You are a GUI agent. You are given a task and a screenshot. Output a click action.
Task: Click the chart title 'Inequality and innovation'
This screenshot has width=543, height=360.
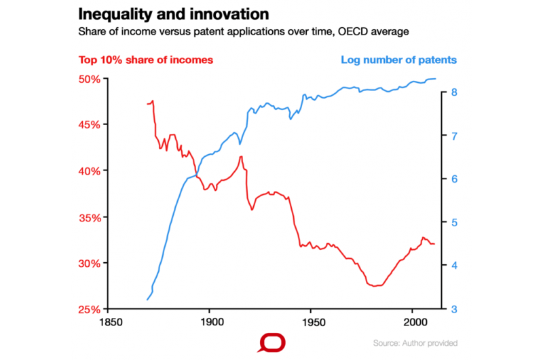(173, 14)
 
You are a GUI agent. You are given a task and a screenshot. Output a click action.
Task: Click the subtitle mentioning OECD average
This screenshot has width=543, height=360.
(244, 31)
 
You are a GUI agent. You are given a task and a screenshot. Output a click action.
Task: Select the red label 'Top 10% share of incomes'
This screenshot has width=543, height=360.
(146, 60)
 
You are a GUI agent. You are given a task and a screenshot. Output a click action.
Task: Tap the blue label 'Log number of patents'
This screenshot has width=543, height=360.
(398, 60)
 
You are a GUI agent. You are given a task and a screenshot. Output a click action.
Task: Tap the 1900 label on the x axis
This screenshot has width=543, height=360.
(210, 322)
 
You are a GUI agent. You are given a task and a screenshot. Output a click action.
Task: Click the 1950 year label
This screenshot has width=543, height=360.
(312, 322)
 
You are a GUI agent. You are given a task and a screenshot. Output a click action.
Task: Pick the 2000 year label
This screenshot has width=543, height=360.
(413, 322)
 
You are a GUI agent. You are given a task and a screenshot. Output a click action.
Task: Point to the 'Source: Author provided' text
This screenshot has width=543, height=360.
(415, 343)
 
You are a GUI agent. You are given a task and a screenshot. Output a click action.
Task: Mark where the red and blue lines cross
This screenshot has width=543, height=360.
(198, 176)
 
